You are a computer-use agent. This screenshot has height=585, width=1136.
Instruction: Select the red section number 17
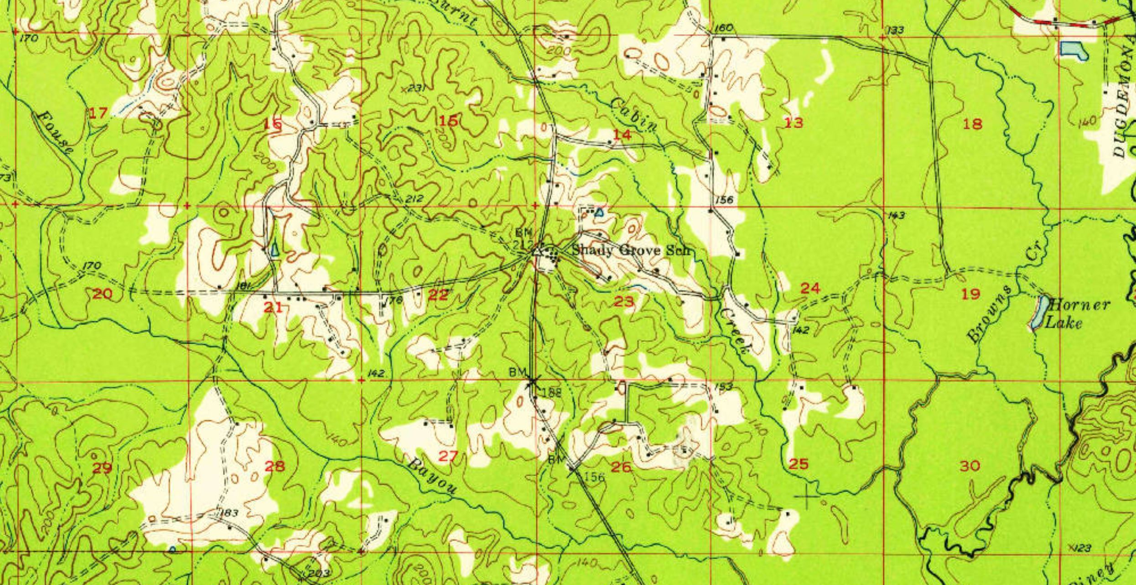pos(98,113)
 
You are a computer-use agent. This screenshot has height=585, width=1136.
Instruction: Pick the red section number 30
pos(970,466)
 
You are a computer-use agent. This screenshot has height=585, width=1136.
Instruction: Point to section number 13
pos(793,122)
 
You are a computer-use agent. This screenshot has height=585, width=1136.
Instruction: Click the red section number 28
pos(275,466)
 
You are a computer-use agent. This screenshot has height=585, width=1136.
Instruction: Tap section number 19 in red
pos(970,294)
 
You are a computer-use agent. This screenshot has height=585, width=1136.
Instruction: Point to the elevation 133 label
pos(895,31)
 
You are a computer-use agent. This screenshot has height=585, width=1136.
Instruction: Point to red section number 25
pos(799,464)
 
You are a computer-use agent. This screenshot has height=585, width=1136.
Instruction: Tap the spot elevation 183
pos(229,513)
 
